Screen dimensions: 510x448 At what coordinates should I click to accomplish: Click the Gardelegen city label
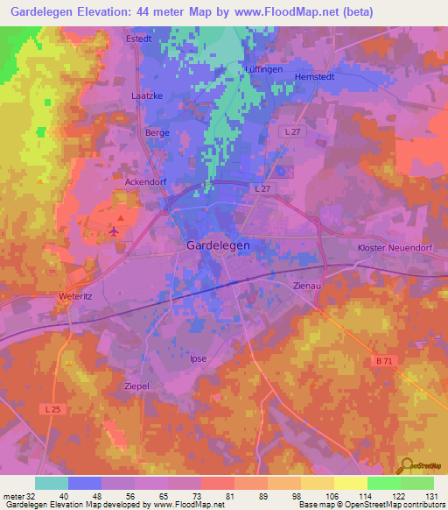click(218, 246)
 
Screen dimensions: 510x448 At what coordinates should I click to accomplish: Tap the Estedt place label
click(139, 39)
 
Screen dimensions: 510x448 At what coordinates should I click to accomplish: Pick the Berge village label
click(157, 132)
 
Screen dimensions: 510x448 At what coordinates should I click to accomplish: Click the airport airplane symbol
click(114, 230)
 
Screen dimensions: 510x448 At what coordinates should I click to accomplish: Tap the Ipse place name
click(198, 358)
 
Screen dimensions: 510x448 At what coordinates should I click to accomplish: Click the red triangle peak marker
click(121, 216)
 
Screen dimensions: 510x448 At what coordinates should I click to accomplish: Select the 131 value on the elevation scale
click(432, 496)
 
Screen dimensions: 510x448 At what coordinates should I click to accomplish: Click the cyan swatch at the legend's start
click(51, 483)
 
